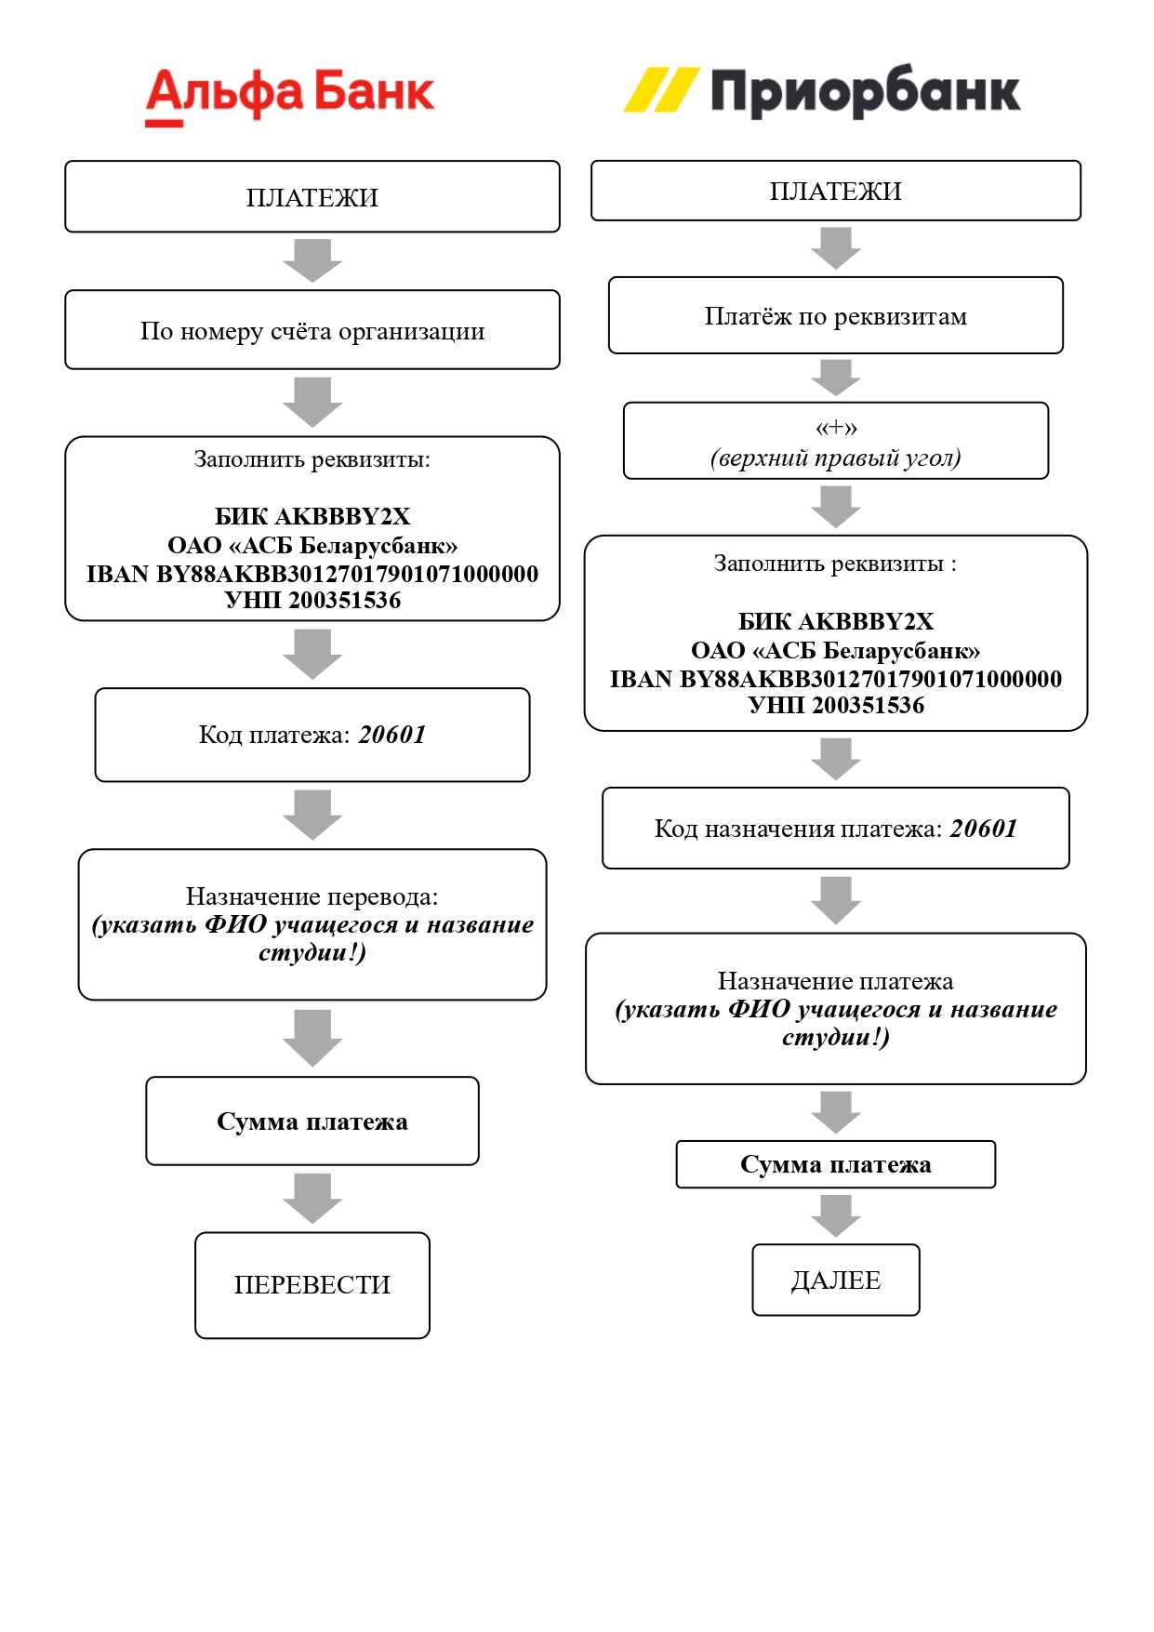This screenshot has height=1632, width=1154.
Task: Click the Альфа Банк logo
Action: point(289,94)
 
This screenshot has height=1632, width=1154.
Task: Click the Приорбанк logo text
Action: point(865,92)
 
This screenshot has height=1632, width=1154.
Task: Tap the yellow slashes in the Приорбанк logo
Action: point(660,90)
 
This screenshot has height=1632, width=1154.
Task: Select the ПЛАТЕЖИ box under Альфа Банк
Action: point(312,197)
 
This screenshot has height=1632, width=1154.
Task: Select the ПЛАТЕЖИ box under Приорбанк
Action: point(835,191)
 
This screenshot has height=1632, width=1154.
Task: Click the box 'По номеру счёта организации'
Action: point(312,331)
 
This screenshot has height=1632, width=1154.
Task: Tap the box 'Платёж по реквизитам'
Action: point(835,316)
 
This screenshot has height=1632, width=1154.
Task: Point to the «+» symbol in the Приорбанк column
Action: point(836,428)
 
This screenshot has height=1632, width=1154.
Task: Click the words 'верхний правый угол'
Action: point(835,458)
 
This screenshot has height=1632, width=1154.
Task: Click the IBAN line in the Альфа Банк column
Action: point(312,574)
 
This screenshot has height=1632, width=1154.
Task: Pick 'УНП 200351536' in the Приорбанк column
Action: point(835,705)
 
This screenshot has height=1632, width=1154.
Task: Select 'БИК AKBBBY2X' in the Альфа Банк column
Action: point(312,516)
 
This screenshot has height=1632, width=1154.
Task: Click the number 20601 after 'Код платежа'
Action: point(391,735)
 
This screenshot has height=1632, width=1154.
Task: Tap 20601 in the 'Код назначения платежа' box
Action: point(983,829)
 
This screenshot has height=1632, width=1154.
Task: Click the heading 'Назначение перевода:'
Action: point(312,896)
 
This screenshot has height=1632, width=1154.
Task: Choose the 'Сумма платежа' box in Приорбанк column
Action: point(835,1164)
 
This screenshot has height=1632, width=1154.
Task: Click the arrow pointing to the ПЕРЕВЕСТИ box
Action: point(312,1199)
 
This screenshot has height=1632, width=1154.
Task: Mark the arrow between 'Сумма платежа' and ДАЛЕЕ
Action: point(836,1215)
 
